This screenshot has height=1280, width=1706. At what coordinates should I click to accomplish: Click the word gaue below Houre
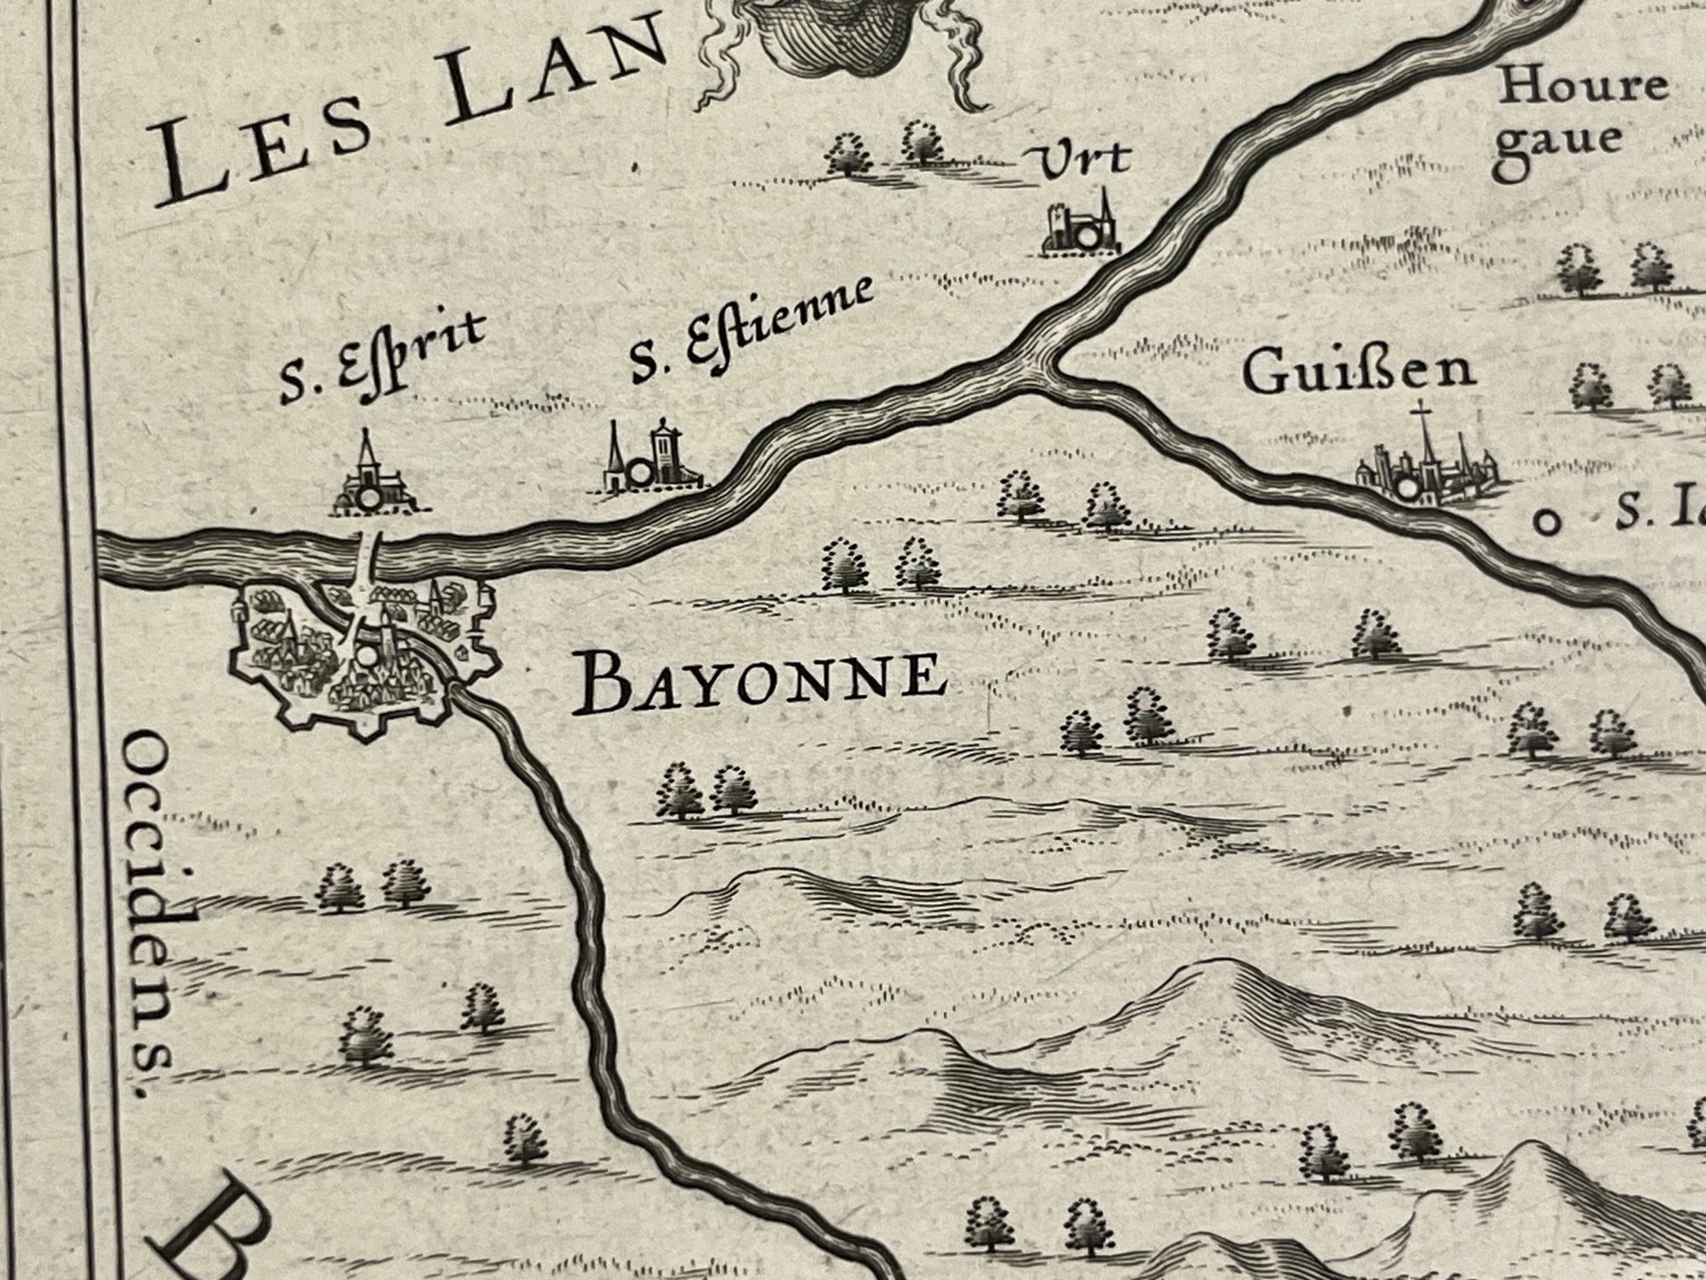(x=1558, y=140)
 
